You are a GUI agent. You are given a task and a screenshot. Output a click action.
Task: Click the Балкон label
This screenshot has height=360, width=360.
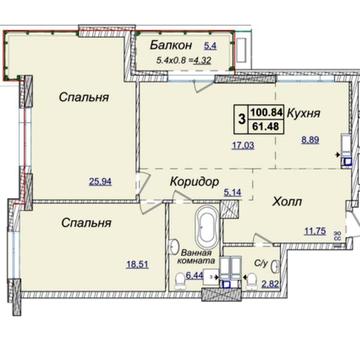pos(171,45)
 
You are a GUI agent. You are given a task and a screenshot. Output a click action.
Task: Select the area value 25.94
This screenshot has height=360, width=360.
pos(100,182)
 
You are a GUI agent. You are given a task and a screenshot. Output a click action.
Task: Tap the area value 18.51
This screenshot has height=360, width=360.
pos(137,265)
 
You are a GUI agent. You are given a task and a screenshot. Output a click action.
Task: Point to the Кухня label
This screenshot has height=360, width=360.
pos(304,113)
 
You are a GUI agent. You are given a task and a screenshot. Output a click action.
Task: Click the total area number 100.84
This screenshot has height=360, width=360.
pos(267,112)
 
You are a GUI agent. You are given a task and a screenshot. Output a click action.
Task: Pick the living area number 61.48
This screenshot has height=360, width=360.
pos(265,126)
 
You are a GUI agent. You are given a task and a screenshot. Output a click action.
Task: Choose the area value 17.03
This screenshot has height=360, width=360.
pos(243,145)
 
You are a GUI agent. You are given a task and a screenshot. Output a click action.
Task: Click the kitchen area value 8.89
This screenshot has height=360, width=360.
pos(310,140)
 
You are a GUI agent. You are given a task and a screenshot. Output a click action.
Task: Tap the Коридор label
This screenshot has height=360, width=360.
pos(195,182)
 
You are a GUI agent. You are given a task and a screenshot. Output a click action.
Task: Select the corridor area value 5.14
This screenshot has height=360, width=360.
pos(233,192)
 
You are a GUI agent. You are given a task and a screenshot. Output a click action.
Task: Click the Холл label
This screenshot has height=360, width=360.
pos(287,201)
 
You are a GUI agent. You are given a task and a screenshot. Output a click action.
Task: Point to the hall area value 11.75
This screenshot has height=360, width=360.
pos(315,231)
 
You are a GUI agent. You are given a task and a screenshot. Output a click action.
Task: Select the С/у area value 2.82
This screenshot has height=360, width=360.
pos(271,284)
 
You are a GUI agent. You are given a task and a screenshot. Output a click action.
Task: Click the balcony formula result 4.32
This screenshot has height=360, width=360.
pos(203,60)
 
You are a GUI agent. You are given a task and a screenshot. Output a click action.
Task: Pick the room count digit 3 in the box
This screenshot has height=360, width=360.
pos(242,119)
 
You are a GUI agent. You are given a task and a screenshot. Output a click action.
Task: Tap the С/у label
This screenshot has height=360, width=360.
pos(261,264)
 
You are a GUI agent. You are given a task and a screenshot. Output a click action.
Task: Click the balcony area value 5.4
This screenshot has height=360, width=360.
pos(211,45)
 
